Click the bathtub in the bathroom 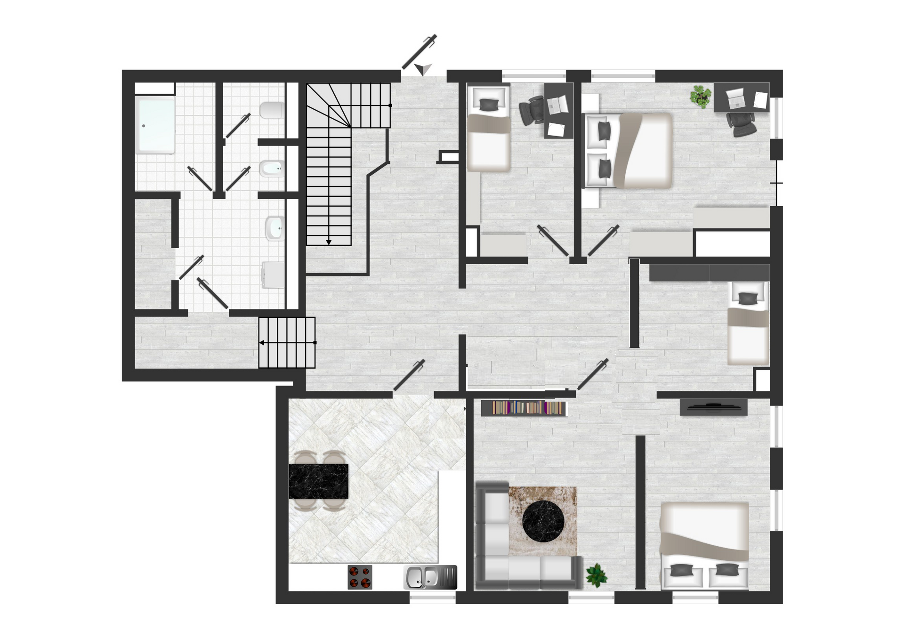(x=155, y=125)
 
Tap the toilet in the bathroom (x=272, y=111)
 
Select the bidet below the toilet (x=272, y=168)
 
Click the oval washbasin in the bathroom (x=274, y=228)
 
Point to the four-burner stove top (x=360, y=577)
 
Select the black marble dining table (x=318, y=481)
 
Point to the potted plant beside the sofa (x=596, y=575)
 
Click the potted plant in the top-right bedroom (x=700, y=96)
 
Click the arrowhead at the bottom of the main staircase (x=329, y=242)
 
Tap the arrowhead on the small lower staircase (x=262, y=342)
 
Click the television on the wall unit (x=713, y=406)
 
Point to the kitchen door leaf (x=409, y=375)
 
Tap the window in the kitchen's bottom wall (x=432, y=598)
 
